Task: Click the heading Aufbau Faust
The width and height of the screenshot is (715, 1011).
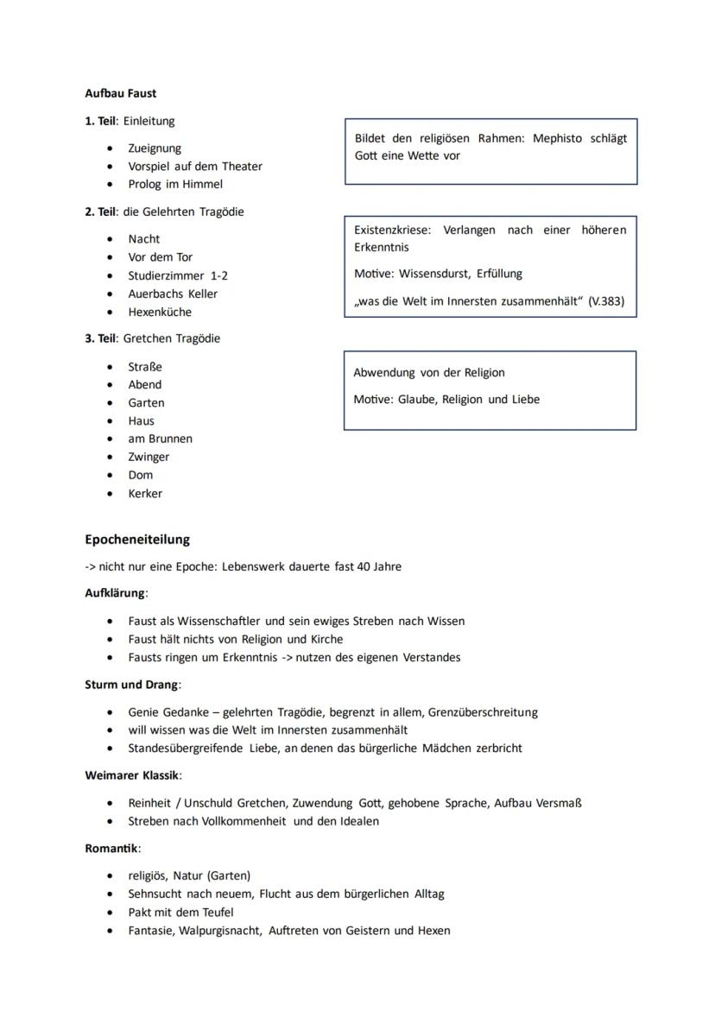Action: (x=121, y=93)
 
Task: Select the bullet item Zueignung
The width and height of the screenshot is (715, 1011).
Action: (x=155, y=148)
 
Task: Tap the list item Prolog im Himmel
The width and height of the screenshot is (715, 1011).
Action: (x=175, y=184)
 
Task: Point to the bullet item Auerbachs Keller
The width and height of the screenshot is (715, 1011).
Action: (x=173, y=294)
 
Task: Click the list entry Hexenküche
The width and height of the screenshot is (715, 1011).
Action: (x=160, y=312)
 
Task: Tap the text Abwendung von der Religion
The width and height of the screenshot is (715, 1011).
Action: (x=429, y=373)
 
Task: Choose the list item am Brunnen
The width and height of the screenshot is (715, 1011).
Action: (x=160, y=439)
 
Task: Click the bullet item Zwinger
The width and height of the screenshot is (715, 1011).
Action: (x=149, y=457)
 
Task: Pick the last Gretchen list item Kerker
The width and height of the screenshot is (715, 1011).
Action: (x=145, y=494)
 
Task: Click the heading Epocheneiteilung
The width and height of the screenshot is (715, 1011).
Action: (x=137, y=540)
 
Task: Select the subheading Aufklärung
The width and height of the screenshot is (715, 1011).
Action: (x=116, y=593)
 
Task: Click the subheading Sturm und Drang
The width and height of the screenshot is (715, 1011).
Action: (x=131, y=685)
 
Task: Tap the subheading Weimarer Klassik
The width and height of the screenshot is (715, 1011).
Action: (x=133, y=775)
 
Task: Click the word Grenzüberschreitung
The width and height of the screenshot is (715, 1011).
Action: (x=483, y=712)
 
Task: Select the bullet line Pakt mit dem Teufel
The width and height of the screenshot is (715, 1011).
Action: (x=180, y=913)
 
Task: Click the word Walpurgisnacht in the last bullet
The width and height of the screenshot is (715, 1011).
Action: (x=220, y=931)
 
